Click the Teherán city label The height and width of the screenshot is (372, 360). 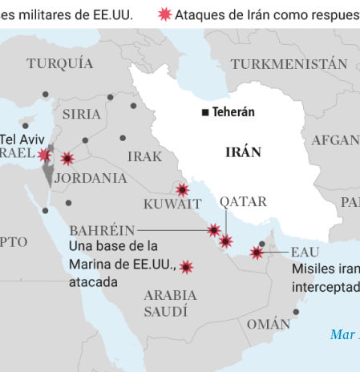[233, 112]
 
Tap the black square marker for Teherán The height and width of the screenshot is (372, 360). [206, 112]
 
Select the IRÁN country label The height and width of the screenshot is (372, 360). [243, 152]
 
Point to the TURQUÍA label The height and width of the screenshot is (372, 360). [59, 63]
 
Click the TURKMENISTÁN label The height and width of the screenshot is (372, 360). [289, 63]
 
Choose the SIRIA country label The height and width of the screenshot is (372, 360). [82, 114]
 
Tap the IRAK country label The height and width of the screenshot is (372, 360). [144, 156]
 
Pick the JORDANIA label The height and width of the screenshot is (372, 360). [91, 178]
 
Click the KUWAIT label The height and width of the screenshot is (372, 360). [172, 204]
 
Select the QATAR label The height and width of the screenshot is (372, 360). [239, 201]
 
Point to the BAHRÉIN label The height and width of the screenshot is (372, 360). [102, 230]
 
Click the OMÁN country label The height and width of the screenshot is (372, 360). [269, 324]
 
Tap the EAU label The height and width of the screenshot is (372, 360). [305, 253]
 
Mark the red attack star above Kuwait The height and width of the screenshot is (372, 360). [183, 189]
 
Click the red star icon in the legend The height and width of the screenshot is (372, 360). [165, 14]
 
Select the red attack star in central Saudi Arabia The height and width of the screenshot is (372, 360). [186, 267]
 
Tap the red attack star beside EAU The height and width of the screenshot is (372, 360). [257, 253]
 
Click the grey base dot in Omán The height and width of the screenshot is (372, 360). [296, 312]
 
